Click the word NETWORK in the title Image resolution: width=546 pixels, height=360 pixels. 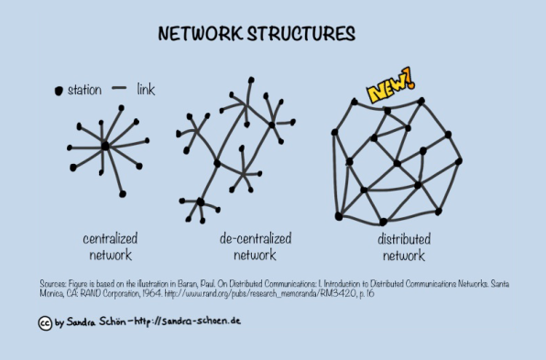(195, 34)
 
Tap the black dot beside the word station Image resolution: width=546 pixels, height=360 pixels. (59, 91)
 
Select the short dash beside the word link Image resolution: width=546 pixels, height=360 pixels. (118, 89)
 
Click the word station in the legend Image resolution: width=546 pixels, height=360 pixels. (84, 91)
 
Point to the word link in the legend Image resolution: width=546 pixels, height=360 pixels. (146, 89)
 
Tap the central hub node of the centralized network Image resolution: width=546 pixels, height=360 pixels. (105, 146)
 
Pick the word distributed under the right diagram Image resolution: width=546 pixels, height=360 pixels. (403, 238)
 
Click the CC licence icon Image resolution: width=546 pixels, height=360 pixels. (44, 322)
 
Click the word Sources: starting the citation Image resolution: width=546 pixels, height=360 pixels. (54, 284)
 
